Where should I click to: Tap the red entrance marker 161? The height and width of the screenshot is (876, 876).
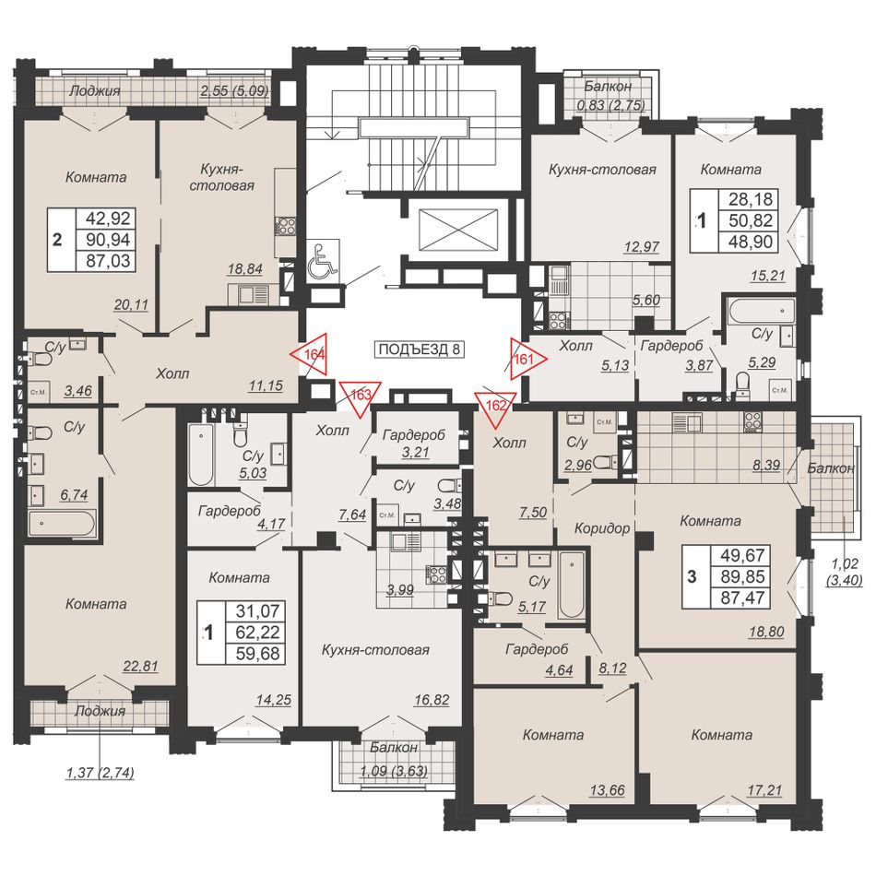[x=527, y=360]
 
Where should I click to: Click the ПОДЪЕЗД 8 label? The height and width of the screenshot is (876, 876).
[x=419, y=349]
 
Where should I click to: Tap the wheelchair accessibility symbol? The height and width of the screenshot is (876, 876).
[x=324, y=258]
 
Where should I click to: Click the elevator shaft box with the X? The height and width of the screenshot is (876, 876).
[x=457, y=229]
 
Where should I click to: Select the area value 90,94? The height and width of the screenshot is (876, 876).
[x=109, y=240]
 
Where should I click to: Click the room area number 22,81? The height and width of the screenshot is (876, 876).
[x=140, y=666]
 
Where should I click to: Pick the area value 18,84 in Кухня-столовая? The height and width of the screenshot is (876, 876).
[x=244, y=268]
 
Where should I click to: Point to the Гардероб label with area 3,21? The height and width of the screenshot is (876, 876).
[x=413, y=434]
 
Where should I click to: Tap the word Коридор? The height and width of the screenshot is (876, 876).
[x=602, y=528]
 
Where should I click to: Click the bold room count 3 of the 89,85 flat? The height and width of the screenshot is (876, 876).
[x=692, y=576]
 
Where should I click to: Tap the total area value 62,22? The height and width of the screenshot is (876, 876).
[x=257, y=633]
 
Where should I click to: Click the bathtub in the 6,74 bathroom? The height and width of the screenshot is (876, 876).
[x=63, y=525]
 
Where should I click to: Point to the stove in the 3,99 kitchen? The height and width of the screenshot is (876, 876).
[x=436, y=574]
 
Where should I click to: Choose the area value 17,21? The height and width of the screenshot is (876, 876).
[x=764, y=790]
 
